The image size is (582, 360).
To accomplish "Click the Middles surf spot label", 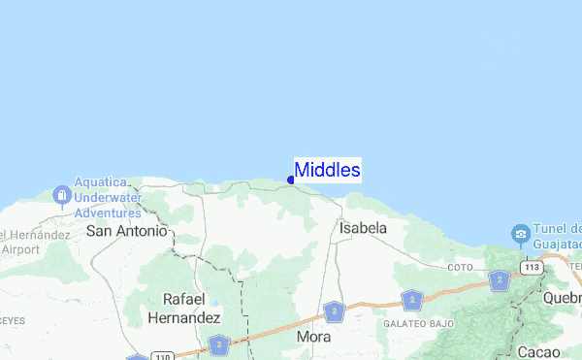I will (328, 171).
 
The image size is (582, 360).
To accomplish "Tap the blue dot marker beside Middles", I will (291, 180).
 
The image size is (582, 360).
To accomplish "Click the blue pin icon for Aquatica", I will (61, 196).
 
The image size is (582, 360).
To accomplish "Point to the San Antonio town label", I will (126, 231).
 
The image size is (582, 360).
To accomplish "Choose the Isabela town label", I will (363, 228).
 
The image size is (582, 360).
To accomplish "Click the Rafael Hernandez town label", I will (184, 308).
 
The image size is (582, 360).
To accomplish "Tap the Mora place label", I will (314, 337).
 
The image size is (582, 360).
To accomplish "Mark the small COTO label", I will (460, 267).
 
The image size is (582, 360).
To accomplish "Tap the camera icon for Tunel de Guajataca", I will (521, 234).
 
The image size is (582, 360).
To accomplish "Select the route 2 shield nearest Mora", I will (334, 311).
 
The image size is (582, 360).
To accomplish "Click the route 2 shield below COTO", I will (500, 281).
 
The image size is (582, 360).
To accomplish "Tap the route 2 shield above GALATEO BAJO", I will (413, 300).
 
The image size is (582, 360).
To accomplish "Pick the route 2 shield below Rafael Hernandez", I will (218, 344).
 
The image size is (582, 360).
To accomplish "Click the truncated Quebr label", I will (563, 297).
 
